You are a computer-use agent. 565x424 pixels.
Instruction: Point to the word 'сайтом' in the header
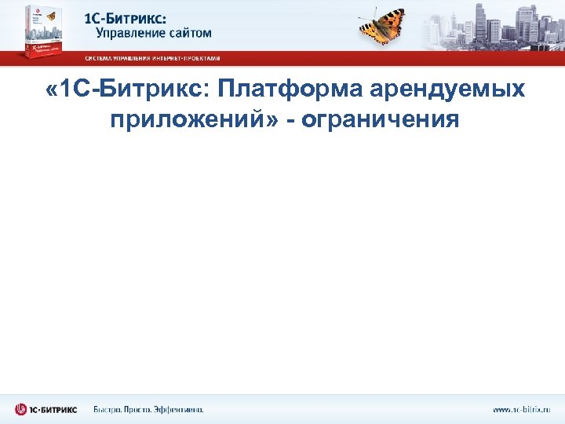tap(188, 34)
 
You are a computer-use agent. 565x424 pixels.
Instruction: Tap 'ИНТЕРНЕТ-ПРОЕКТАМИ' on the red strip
tap(192, 58)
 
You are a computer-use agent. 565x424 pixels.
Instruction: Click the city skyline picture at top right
tap(494, 24)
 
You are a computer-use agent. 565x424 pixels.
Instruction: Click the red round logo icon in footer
tap(20, 408)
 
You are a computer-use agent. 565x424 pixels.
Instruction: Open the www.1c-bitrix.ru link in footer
tap(521, 409)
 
